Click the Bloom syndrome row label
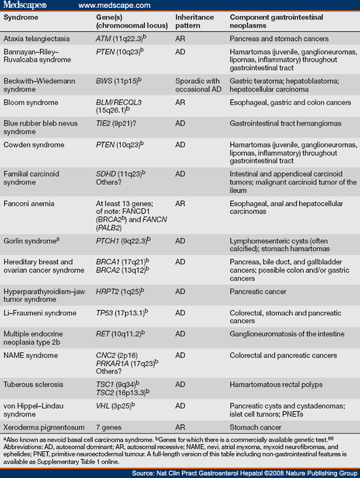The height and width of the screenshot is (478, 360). [x=29, y=103]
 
